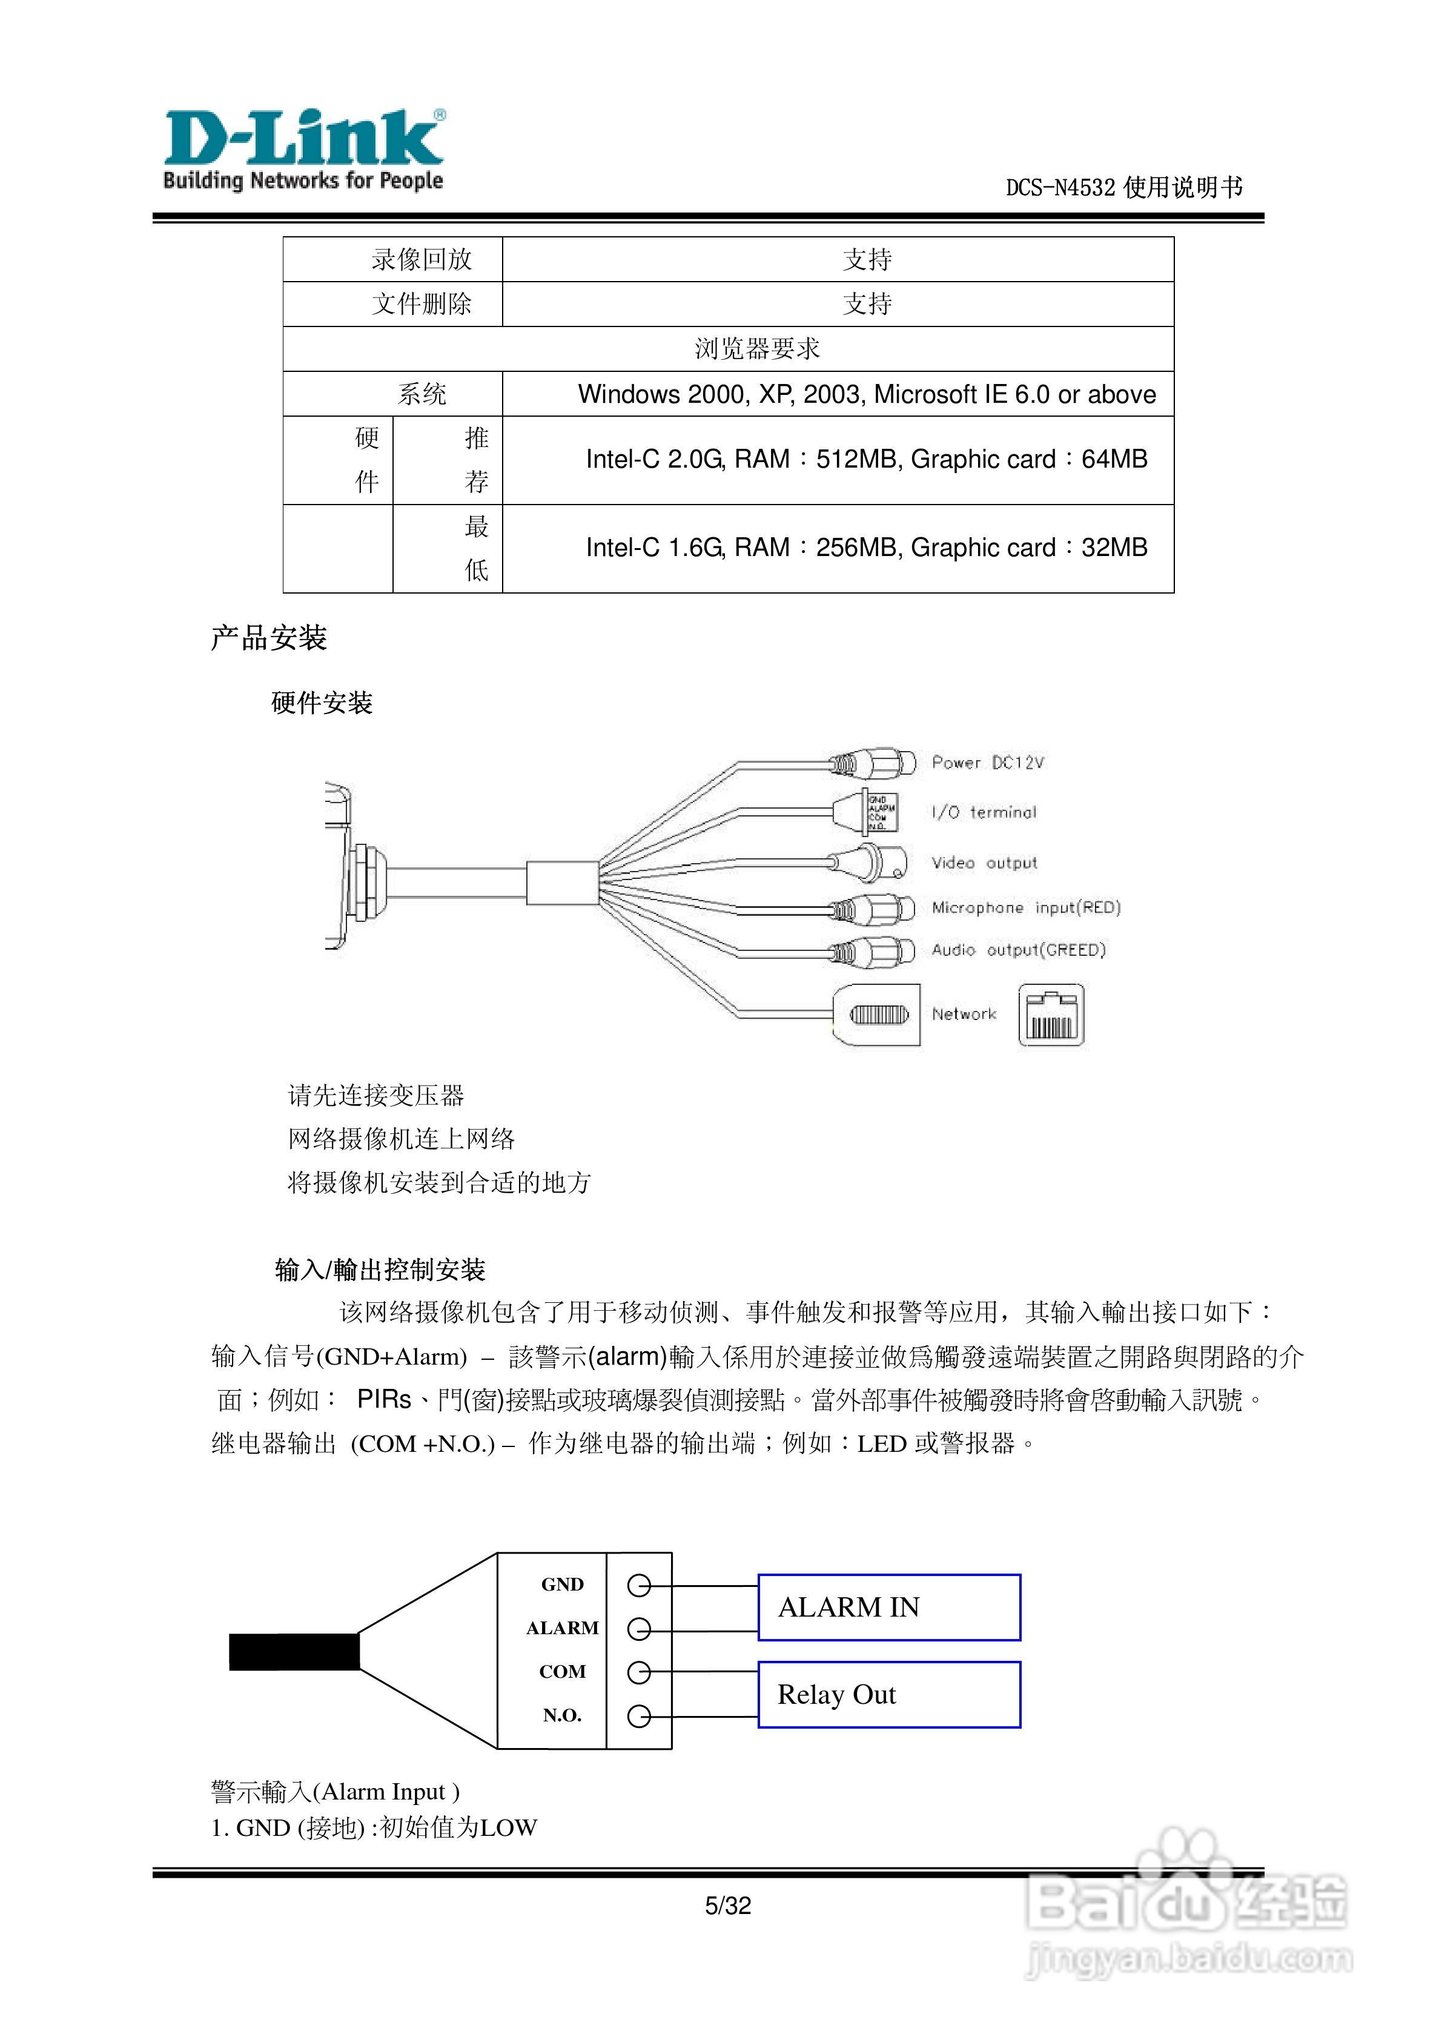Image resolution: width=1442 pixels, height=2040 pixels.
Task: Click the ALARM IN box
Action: click(x=888, y=1608)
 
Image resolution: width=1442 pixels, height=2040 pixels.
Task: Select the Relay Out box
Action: click(x=888, y=1694)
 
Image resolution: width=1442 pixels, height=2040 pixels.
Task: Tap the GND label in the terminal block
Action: click(x=563, y=1584)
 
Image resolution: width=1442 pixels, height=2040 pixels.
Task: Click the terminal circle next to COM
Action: click(x=639, y=1672)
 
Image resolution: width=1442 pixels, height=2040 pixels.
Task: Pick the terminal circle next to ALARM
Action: click(x=639, y=1629)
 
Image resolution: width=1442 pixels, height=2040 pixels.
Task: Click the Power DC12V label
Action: click(x=987, y=763)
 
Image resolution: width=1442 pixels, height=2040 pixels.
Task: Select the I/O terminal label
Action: click(x=984, y=812)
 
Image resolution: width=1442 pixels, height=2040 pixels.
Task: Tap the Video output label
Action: click(x=984, y=863)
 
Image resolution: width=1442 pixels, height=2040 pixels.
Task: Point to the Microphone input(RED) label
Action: click(x=1025, y=907)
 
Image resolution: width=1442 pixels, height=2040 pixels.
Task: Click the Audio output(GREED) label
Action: click(x=1018, y=950)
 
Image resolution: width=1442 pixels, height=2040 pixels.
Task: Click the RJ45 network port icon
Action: click(x=1051, y=1015)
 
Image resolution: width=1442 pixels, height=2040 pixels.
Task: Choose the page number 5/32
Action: click(x=728, y=1905)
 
